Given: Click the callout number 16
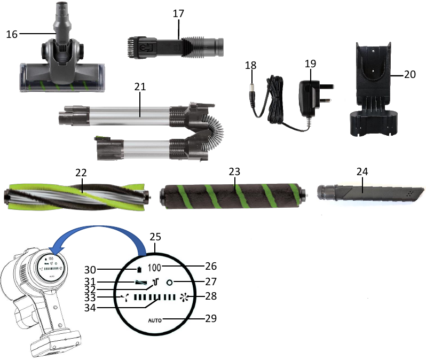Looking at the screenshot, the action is (12, 34).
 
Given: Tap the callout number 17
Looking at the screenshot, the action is (178, 13).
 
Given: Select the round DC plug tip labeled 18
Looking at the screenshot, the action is (252, 96).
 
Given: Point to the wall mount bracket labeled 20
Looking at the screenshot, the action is (374, 89).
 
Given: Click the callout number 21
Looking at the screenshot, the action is (140, 87).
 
